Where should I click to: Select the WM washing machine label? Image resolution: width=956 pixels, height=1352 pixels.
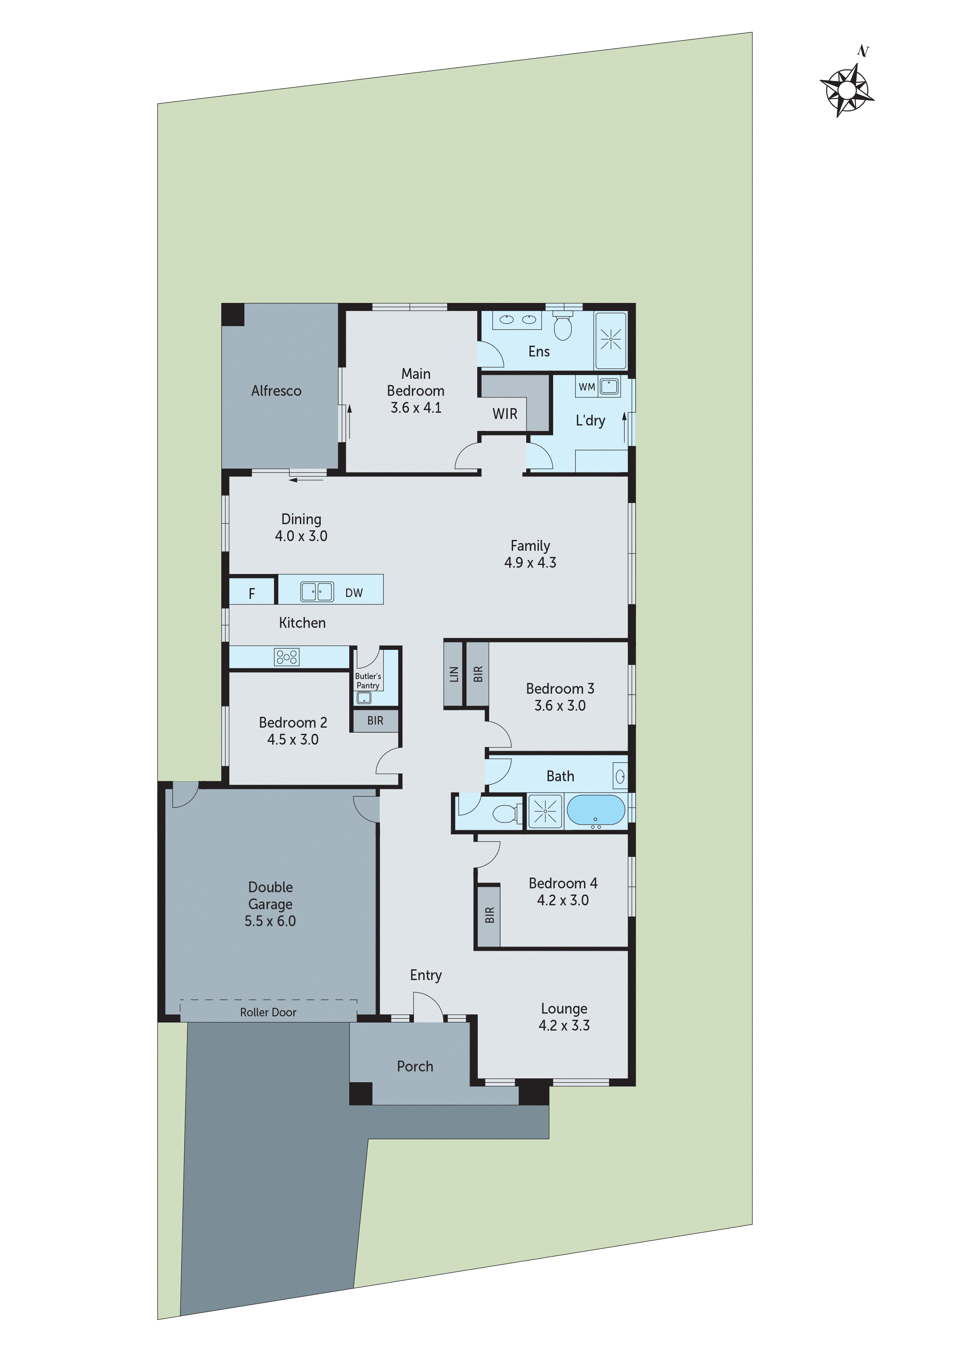[587, 387]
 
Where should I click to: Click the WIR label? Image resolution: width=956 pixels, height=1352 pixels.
[505, 414]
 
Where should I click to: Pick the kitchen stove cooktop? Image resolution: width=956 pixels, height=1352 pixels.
[287, 657]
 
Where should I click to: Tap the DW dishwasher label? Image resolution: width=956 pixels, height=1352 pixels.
[354, 593]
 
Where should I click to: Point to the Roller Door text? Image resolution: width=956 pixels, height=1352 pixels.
[268, 1012]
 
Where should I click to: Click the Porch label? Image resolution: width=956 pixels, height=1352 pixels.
[415, 1066]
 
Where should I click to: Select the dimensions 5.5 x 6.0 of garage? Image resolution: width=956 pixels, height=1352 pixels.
[270, 921]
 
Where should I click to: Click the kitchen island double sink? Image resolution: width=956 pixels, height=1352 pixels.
[317, 591]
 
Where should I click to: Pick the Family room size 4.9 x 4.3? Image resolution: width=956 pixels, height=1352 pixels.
[530, 563]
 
